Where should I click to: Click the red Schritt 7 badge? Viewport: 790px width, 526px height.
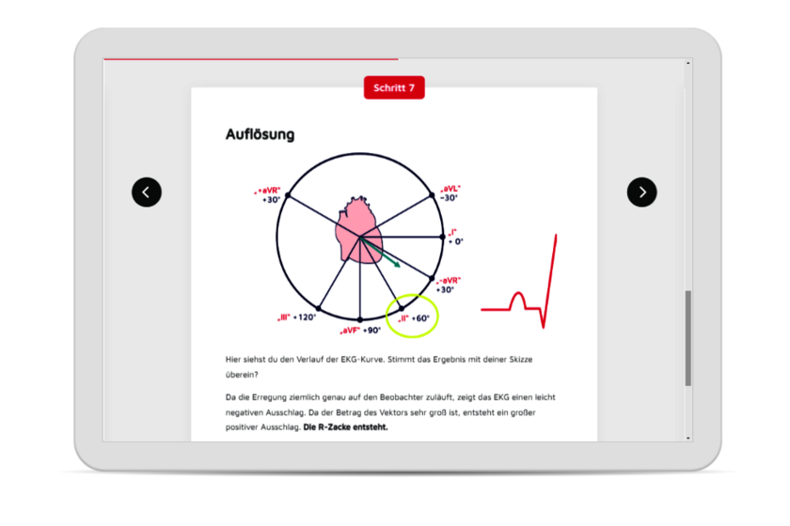point(394,87)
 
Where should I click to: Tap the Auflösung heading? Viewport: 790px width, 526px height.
point(260,134)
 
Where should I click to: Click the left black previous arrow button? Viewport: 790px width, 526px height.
point(147,193)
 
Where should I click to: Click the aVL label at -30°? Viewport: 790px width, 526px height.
point(450,193)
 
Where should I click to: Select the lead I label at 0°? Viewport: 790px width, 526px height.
point(455,237)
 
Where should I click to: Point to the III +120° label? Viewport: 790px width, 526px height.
point(297,317)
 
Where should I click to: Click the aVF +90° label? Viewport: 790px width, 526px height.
point(360,331)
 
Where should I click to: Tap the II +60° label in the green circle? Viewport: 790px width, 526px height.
point(414,318)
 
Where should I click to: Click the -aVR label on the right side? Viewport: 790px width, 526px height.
point(448,285)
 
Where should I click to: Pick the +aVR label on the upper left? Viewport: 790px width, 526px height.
point(267,195)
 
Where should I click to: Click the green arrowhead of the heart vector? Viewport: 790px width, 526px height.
point(397,264)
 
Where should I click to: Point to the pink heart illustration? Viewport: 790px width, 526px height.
point(358,230)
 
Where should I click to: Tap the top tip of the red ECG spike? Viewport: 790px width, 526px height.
point(556,235)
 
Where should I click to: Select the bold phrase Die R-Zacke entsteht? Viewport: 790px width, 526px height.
point(346,427)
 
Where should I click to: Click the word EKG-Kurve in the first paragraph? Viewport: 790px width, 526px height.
point(362,360)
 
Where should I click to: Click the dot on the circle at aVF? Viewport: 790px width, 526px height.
point(359,319)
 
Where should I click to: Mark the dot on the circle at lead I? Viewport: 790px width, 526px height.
point(443,237)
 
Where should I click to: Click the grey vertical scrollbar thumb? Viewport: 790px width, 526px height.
point(688,338)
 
